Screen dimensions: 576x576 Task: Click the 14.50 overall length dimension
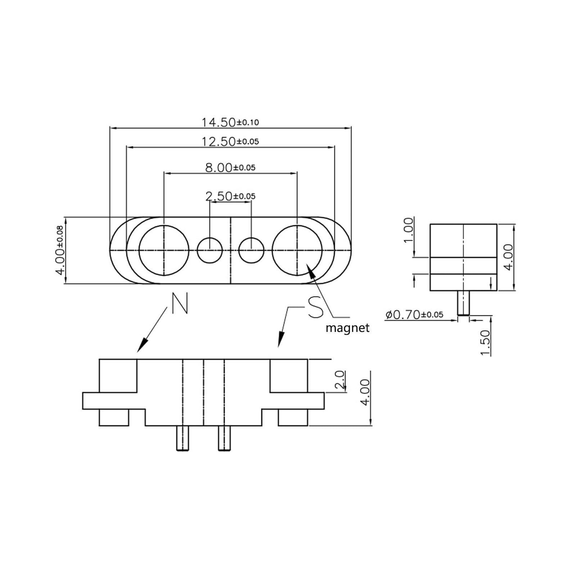pos(230,122)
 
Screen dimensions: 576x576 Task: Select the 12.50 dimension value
pos(230,141)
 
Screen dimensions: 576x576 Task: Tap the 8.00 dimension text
pos(230,167)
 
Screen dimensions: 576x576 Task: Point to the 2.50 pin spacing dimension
pos(230,196)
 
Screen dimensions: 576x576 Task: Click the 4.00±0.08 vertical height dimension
pos(60,250)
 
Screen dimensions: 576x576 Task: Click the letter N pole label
pos(180,303)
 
